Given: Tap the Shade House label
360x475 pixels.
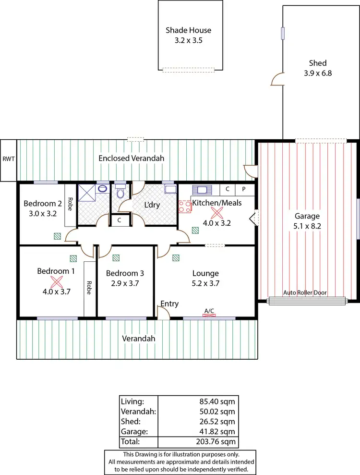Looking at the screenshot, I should tap(188, 30).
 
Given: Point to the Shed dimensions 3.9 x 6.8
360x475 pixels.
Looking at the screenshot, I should tap(318, 73).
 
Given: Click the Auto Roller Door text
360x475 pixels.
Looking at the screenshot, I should tap(307, 292).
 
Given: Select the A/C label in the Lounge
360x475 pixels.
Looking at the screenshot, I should tap(209, 311).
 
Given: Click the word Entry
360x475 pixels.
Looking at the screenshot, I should tap(169, 304).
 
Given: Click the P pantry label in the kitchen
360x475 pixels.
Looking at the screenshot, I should tap(243, 189).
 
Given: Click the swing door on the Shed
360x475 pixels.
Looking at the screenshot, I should tap(277, 80).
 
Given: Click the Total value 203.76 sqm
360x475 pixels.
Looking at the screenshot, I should tap(217, 441).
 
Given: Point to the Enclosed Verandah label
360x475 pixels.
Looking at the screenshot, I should tap(132, 158).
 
